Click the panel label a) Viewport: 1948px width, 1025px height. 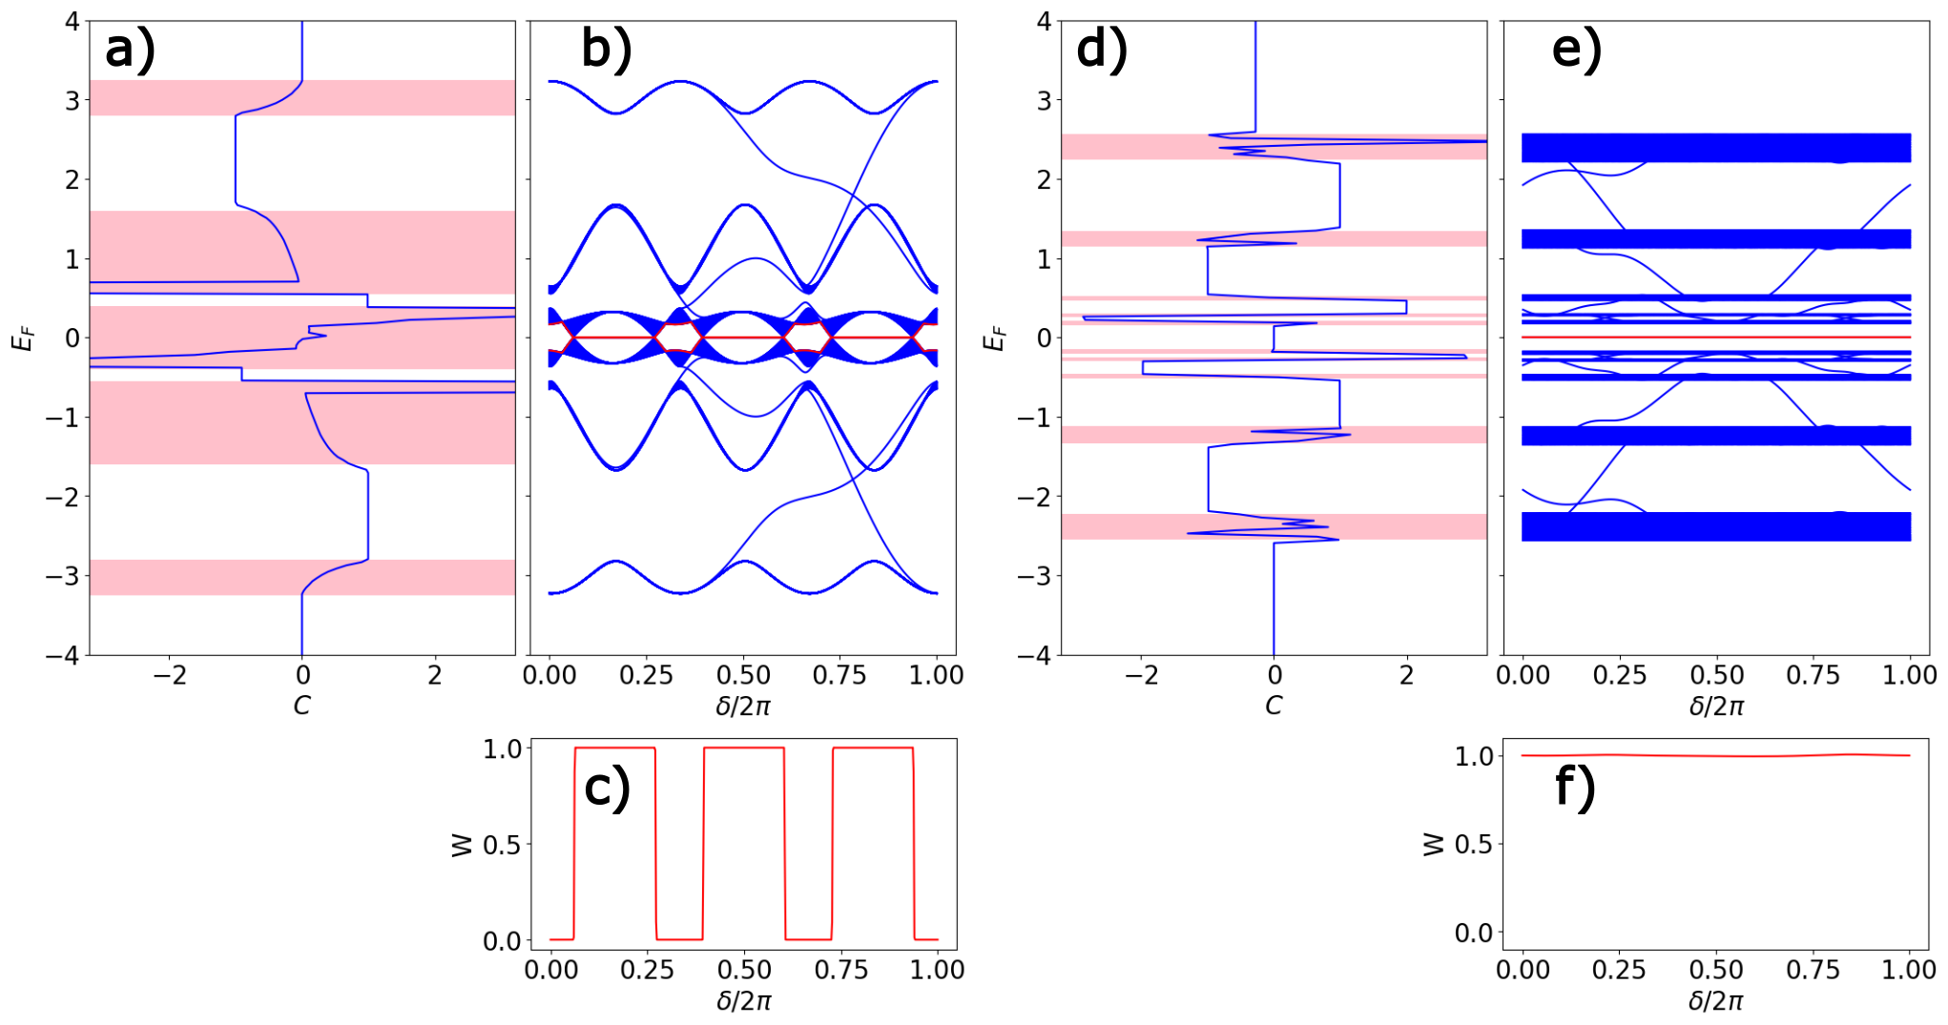pyautogui.click(x=130, y=50)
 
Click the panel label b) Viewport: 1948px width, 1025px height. pyautogui.click(x=606, y=50)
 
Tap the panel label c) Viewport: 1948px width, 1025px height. pyautogui.click(x=607, y=789)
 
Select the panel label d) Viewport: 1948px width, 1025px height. pyautogui.click(x=1101, y=50)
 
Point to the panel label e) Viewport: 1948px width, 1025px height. pyautogui.click(x=1576, y=50)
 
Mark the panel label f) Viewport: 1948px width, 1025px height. pyautogui.click(x=1575, y=789)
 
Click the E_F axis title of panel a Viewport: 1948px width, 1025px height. pyautogui.click(x=23, y=338)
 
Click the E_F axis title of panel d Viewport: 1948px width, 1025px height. pyautogui.click(x=994, y=338)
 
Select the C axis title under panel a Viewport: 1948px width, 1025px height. pyautogui.click(x=301, y=706)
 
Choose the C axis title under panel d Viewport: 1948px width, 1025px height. pyautogui.click(x=1274, y=706)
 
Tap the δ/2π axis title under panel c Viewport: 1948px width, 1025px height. pyautogui.click(x=743, y=1001)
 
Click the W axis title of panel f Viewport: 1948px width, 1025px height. pyautogui.click(x=1433, y=844)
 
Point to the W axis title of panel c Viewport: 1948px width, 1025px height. pyautogui.click(x=462, y=844)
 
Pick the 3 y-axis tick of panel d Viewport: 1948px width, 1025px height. pyautogui.click(x=1044, y=100)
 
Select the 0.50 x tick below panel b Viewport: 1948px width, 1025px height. pyautogui.click(x=743, y=675)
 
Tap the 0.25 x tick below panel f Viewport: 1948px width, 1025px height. pyautogui.click(x=1619, y=970)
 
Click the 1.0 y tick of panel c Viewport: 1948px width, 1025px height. pyautogui.click(x=502, y=749)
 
